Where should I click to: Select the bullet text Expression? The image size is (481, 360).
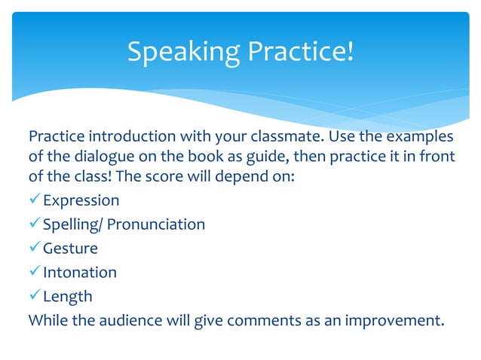pos(81,200)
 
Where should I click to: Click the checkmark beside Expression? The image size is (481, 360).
pos(35,200)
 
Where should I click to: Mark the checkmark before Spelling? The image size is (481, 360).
pos(35,224)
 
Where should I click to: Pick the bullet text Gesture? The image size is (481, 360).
pos(70,249)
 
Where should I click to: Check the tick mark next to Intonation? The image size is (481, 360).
pos(35,272)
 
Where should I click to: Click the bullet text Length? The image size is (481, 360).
pos(67,296)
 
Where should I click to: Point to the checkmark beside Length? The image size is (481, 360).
pos(35,296)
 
